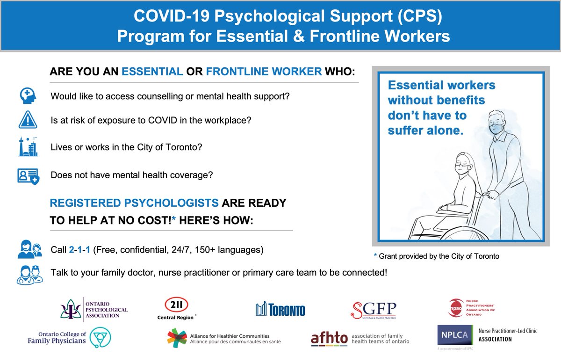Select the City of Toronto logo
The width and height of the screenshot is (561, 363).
[x=280, y=310]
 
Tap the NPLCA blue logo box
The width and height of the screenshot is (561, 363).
[x=452, y=335]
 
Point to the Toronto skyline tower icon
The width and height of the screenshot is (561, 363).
[x=28, y=147]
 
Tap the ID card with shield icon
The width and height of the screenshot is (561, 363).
[x=28, y=176]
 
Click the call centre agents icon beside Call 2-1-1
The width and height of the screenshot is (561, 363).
[x=29, y=250]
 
